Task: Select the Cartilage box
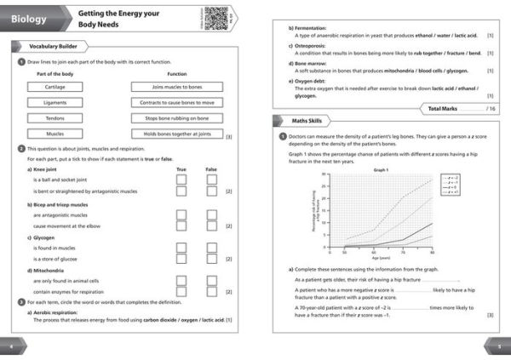(55, 87)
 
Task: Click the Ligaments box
(55, 102)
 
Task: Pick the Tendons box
(55, 117)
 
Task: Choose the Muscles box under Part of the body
(55, 134)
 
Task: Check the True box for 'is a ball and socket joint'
(181, 180)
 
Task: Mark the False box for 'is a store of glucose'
(211, 259)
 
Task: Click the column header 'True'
(181, 169)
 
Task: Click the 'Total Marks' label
(445, 109)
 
